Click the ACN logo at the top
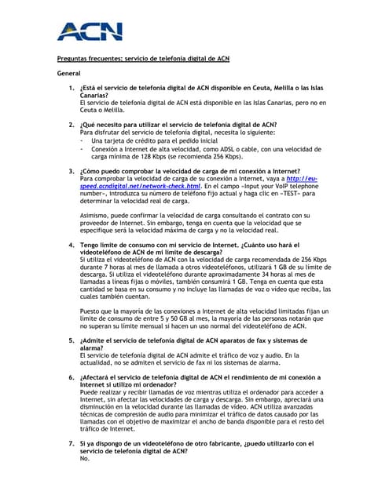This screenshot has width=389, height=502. [90, 31]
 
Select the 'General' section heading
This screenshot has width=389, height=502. [69, 73]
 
